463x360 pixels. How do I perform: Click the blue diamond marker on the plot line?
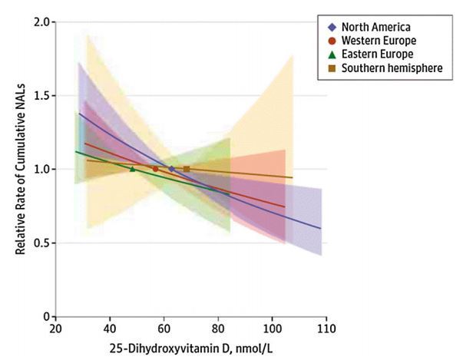(171, 169)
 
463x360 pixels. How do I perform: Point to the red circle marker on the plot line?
(155, 169)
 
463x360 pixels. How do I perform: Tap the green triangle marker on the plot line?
(132, 169)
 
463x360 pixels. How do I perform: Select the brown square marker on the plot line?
(187, 169)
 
